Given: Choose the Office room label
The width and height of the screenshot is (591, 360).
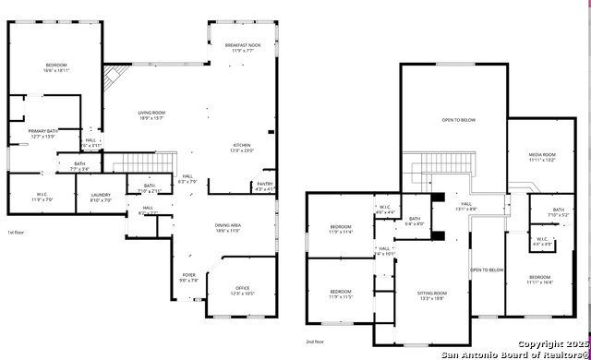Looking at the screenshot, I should pos(242,290).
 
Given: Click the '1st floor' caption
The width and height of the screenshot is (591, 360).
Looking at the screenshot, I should pos(16,233).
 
